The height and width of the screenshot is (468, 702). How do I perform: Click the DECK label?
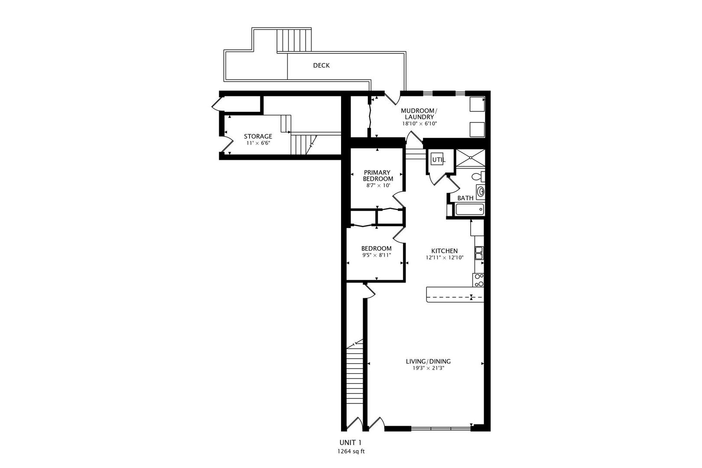pos(321,65)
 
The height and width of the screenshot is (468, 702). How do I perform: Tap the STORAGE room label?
pos(258,136)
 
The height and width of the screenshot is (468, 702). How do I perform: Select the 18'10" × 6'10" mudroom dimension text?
pos(419,123)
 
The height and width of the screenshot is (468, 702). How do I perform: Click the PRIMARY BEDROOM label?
pos(378,175)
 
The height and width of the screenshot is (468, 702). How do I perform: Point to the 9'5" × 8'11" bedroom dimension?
pos(377,255)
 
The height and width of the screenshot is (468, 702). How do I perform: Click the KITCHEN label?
pos(444,251)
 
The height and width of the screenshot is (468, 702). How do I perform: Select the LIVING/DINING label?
pos(428,361)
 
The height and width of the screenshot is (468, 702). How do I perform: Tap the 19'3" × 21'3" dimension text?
pos(428,368)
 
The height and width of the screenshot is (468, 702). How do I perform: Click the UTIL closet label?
pos(438,160)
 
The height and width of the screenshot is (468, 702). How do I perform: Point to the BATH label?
pos(465,198)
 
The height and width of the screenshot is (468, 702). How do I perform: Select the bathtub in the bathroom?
pos(470,210)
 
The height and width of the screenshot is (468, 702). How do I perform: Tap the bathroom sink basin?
pos(480,191)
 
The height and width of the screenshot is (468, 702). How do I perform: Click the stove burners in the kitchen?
pos(479,280)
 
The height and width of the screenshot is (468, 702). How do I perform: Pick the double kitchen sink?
pos(479,253)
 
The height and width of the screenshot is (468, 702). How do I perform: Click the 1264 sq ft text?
pos(351,451)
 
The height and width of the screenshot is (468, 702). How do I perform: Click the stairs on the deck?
pos(294,40)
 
